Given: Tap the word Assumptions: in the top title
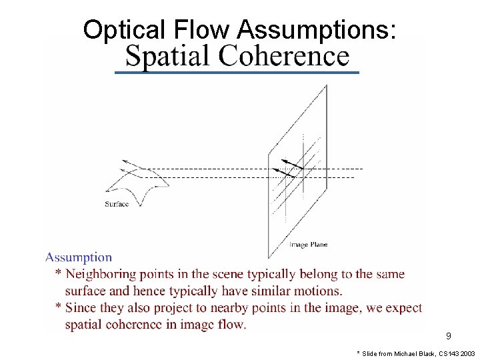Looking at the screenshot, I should pos(317,30).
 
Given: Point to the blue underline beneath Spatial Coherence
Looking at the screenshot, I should pos(237,72).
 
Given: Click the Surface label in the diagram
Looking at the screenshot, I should pos(117,204).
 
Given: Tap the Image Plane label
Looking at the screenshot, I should pos(308,245).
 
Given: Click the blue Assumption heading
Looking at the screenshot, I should pos(79,257).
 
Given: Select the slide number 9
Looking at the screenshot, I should pos(449,336).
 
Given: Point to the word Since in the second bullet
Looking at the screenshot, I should pos(81,308).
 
